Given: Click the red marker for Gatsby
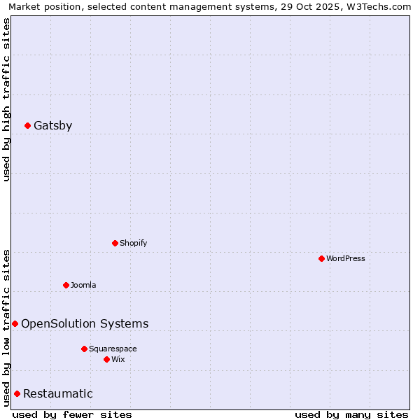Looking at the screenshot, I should click(28, 126).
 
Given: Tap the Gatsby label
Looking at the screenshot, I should click(52, 126).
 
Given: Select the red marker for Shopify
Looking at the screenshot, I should click(115, 243).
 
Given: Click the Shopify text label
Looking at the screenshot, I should click(133, 243).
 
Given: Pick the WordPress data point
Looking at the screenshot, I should click(322, 258).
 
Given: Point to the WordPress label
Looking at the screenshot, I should click(346, 258).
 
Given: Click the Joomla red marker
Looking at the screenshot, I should click(66, 285).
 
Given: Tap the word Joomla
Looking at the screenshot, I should click(83, 285).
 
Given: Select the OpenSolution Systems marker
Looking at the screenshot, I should click(15, 323).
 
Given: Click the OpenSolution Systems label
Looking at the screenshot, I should click(85, 323).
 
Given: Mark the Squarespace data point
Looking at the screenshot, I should click(85, 349).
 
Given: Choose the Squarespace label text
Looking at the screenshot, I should click(113, 349).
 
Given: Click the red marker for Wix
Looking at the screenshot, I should click(107, 359).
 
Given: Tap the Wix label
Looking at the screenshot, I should click(118, 359).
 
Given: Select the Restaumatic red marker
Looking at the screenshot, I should click(17, 393).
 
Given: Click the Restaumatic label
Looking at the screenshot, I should click(58, 393).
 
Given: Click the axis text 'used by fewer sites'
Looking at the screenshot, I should click(72, 414).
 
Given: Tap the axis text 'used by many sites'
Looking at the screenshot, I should click(351, 414).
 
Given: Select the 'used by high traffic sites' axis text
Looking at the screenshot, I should click(6, 99).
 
